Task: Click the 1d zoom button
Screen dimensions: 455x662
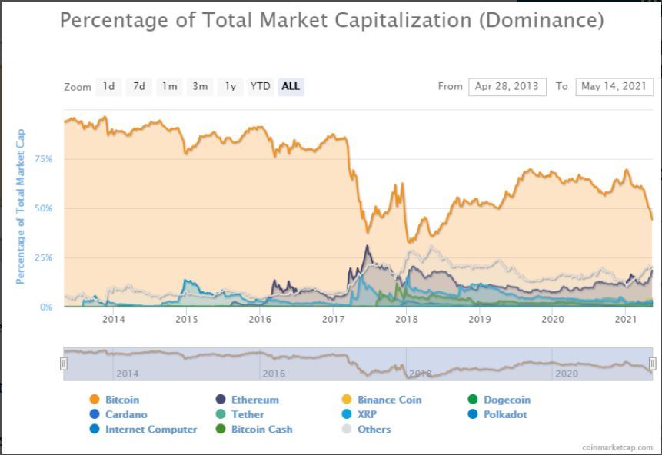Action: pos(108,87)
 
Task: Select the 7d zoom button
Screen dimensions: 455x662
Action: pos(138,87)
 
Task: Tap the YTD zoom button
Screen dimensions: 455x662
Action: pos(260,87)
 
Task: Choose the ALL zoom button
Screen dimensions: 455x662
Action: pos(291,87)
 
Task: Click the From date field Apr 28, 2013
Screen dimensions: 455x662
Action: pos(507,87)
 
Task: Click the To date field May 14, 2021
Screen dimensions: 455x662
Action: pos(614,87)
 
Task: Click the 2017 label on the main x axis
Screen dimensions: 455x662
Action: pos(333,319)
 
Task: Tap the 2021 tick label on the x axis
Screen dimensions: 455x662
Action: pos(626,319)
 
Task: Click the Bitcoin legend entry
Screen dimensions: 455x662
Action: pos(122,400)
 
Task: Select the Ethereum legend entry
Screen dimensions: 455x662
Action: pos(254,400)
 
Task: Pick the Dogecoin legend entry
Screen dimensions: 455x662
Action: pos(507,400)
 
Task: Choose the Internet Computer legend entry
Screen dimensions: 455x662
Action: pos(151,429)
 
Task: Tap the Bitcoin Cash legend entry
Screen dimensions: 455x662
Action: pos(261,429)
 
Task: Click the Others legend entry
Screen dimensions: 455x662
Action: pos(374,429)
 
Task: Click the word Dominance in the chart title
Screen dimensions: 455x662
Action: pos(541,21)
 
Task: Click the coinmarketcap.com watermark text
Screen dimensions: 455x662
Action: pos(617,447)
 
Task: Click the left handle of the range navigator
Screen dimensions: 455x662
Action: pos(64,364)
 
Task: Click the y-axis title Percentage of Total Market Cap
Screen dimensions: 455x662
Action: pos(21,206)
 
